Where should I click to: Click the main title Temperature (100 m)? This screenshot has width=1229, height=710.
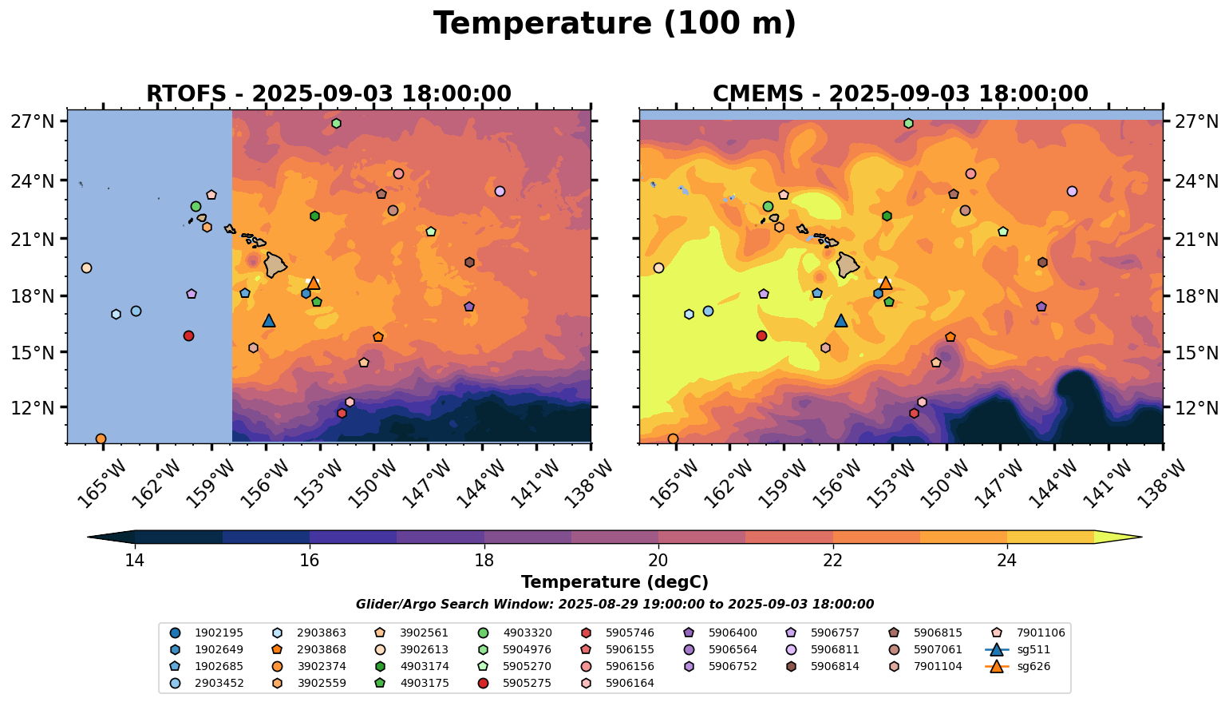point(614,24)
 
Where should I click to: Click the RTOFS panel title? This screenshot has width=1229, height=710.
point(328,94)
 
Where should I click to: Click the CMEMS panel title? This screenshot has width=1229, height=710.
point(900,94)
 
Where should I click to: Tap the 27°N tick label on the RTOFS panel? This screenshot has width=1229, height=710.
point(32,122)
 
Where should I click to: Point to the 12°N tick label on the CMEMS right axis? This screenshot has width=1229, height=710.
point(1197,408)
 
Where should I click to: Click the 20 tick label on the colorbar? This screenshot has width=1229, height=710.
point(658,560)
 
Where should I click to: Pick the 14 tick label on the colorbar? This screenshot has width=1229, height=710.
point(135,560)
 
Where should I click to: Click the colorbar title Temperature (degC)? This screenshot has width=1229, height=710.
point(614,582)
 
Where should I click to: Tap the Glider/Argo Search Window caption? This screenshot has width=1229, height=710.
point(614,605)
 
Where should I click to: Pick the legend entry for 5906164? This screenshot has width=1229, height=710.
point(630,683)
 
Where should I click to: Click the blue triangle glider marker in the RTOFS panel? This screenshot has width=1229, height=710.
point(269,321)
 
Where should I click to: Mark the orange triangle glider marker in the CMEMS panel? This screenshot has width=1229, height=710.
point(885,284)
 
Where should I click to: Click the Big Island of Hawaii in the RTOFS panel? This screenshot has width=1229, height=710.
point(275,264)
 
